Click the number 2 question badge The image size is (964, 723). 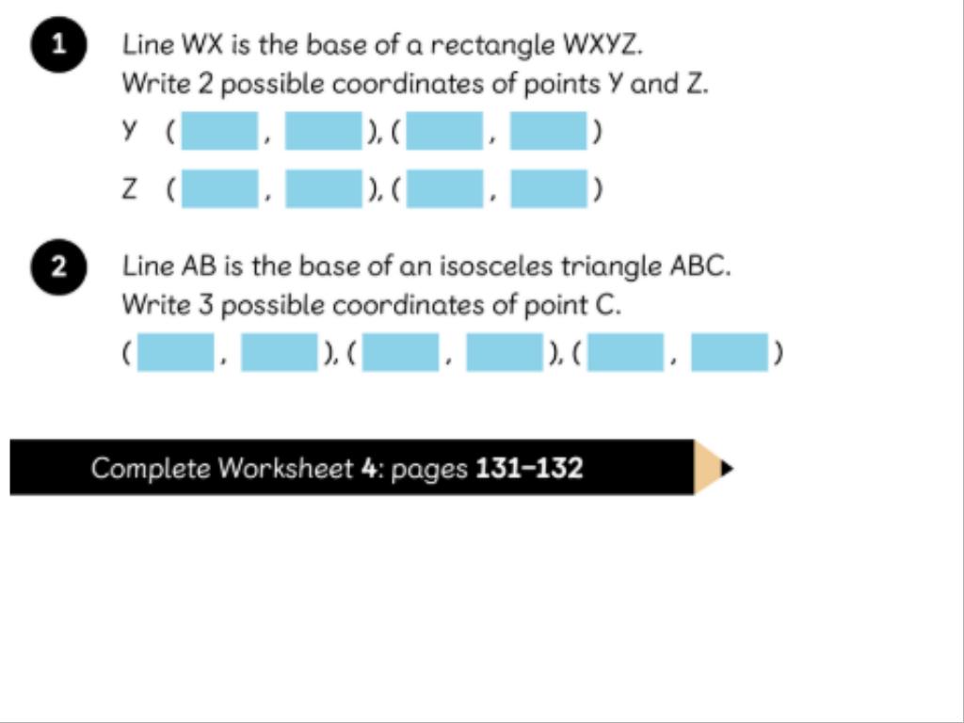coord(59,268)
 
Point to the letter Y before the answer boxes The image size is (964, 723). coord(129,131)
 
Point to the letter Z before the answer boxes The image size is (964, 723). coord(129,189)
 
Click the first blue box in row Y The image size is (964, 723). coord(219,131)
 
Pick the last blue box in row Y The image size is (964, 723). coord(549,131)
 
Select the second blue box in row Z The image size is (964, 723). coord(323,189)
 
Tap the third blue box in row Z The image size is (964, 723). coord(444,189)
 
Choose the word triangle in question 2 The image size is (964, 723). coord(612,266)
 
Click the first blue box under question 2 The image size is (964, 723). coord(175,353)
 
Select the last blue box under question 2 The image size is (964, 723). coord(730,353)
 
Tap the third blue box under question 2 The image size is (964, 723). coord(400,353)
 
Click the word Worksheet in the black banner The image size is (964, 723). coord(285,468)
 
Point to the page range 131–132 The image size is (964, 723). coord(529,468)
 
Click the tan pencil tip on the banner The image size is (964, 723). coord(708,467)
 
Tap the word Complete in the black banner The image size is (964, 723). coord(151,468)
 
